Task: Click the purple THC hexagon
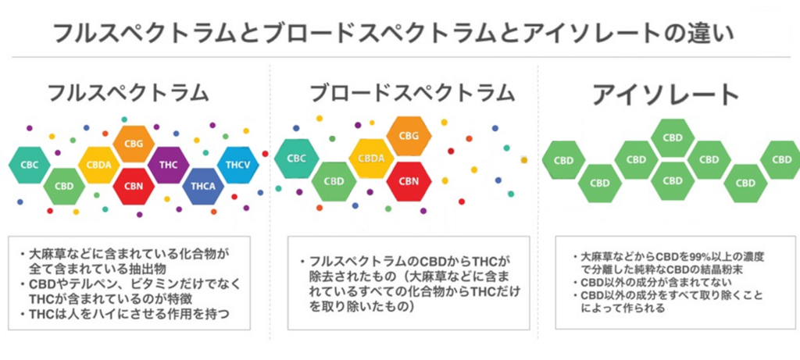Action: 169,165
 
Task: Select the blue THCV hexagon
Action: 237,165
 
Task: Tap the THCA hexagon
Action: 203,186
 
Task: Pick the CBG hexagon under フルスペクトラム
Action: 134,143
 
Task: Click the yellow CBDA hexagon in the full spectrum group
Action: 99,165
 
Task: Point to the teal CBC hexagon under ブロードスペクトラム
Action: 296,158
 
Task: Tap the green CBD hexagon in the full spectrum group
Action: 64,186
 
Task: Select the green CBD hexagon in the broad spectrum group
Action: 334,181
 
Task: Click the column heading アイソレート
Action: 666,94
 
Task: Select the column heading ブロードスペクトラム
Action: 412,93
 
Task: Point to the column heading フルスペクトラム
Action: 128,93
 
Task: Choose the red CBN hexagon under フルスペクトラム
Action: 134,186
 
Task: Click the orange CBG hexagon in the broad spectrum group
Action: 409,136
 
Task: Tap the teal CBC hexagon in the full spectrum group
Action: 29,165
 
